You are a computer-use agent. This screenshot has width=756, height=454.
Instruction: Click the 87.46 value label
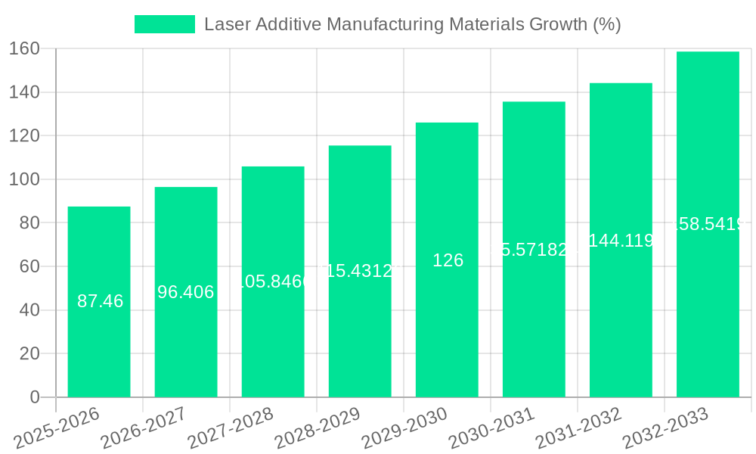click(101, 301)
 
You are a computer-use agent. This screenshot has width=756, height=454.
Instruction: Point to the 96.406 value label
click(186, 292)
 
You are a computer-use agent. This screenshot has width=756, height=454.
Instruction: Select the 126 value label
click(448, 260)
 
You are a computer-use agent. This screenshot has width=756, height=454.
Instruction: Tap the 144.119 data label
click(621, 241)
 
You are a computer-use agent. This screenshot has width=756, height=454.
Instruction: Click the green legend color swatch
click(164, 24)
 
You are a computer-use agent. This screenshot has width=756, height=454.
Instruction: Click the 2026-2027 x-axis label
click(144, 428)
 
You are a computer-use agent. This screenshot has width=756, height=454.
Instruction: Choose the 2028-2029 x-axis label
click(318, 428)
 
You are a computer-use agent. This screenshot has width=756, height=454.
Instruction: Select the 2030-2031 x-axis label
click(491, 428)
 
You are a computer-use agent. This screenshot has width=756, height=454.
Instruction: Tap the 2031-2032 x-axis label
click(578, 428)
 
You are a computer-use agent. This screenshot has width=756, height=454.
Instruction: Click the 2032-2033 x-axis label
click(665, 428)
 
